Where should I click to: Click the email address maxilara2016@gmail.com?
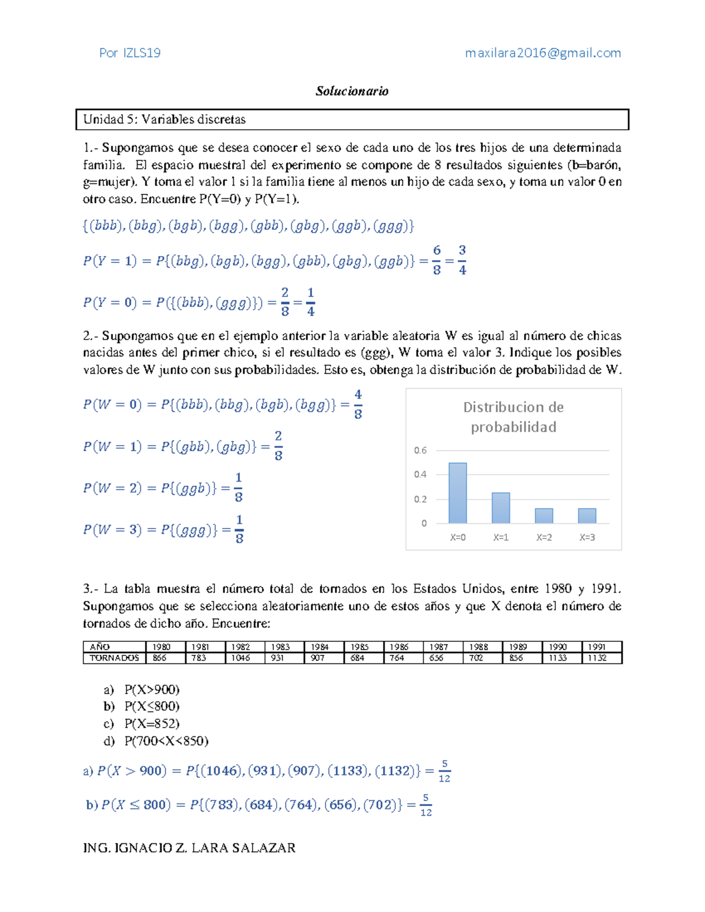pos(543,53)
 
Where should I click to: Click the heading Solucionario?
pos(352,91)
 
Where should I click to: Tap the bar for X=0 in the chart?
pos(458,493)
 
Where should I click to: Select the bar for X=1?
pos(501,508)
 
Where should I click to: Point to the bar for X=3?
pos(587,516)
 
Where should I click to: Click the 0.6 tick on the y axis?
pos(420,450)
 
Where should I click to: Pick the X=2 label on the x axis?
pos(544,537)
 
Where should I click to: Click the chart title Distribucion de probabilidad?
pos(513,417)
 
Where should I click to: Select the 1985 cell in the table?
pos(359,647)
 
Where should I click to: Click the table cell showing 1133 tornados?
pos(558,658)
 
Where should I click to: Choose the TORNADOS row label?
pos(114,658)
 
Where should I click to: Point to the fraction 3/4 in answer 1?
pos(462,260)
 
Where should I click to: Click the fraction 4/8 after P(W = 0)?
pos(358,404)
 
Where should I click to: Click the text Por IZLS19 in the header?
pos(130,53)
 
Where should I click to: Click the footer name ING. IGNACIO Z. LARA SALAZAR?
pos(189,847)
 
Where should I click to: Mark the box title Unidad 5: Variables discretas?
pos(164,119)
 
